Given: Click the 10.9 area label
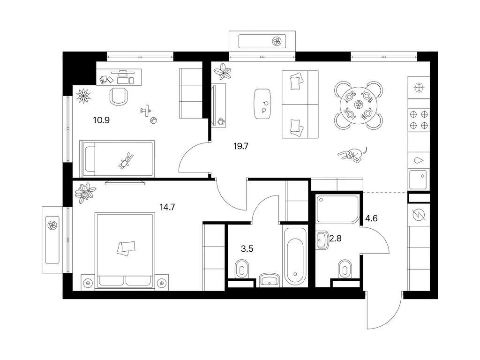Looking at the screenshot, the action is click(101, 120).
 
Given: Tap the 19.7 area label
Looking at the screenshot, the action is click(241, 146).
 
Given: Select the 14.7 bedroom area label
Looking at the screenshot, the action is click(167, 208).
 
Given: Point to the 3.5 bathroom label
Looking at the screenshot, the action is click(247, 249).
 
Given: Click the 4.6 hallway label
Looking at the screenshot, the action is click(371, 218).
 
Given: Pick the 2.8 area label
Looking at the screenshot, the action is click(335, 238).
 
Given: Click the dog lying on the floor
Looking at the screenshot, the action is click(352, 154).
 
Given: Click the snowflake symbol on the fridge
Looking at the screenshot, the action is click(419, 88).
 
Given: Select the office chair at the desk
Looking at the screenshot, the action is click(118, 96).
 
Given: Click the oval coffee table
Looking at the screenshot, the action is click(262, 104).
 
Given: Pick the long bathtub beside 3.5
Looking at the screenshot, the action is click(295, 256).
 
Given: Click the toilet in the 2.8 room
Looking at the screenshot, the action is click(345, 270).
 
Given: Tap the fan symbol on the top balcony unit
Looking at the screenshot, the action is click(277, 41).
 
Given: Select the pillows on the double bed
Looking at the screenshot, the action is click(126, 247).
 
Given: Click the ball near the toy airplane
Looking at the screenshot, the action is click(153, 120).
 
